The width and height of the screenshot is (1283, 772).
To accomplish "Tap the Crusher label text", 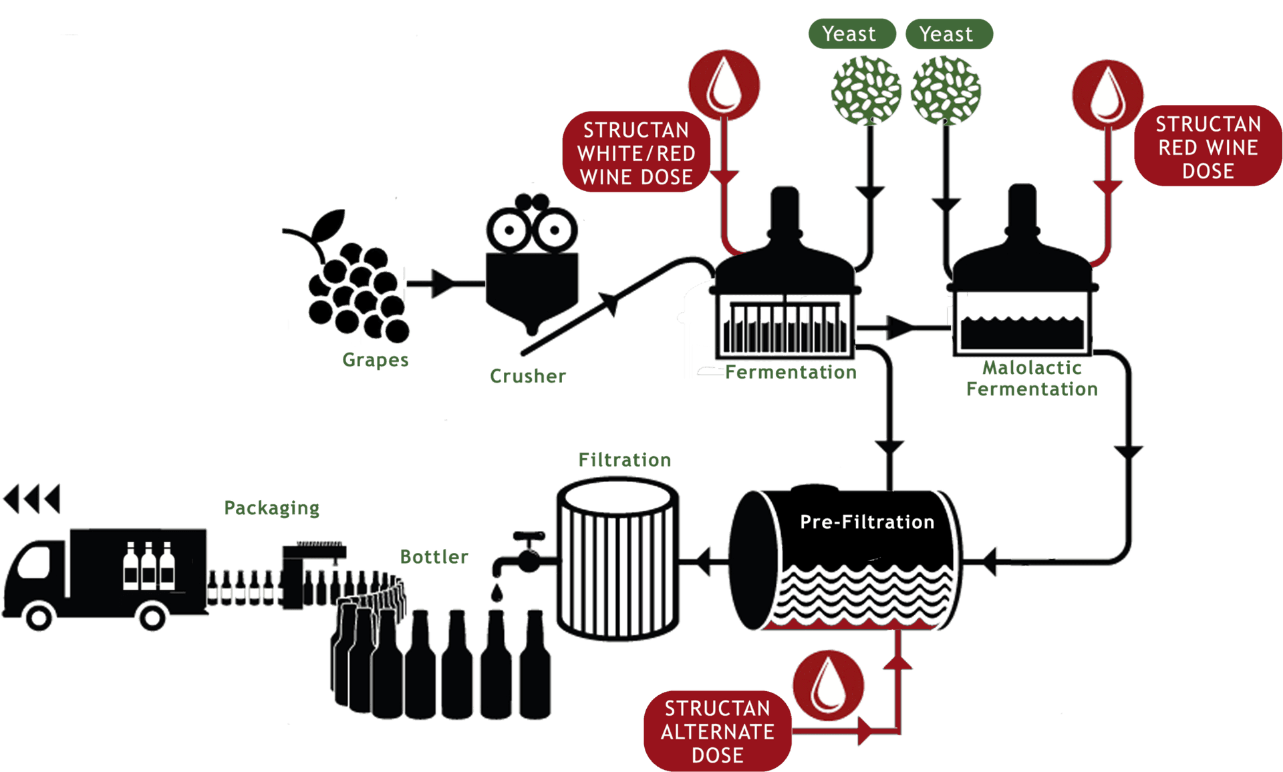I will coord(528,376).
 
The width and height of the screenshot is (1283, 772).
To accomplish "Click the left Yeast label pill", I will coord(851,33).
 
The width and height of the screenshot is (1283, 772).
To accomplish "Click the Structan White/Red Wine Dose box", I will coord(635,153).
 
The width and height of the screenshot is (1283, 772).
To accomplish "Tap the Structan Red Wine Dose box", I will coord(1207,147).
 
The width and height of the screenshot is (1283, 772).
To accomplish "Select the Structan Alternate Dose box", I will coord(717,731).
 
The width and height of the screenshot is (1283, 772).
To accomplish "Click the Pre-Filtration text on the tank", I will coord(867,522).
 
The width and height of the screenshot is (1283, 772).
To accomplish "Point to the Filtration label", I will coord(624,460).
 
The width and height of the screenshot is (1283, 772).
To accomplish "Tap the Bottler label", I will coord(434,556).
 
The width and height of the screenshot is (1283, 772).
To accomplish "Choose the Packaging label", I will coord(271,508).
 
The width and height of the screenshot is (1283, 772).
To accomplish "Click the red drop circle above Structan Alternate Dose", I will coord(828,686).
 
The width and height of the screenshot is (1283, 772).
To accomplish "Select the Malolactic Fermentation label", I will coord(1031,378).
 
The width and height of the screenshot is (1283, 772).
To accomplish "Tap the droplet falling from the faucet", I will coord(496,593).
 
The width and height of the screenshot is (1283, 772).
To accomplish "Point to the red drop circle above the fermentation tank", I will coord(724,85).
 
